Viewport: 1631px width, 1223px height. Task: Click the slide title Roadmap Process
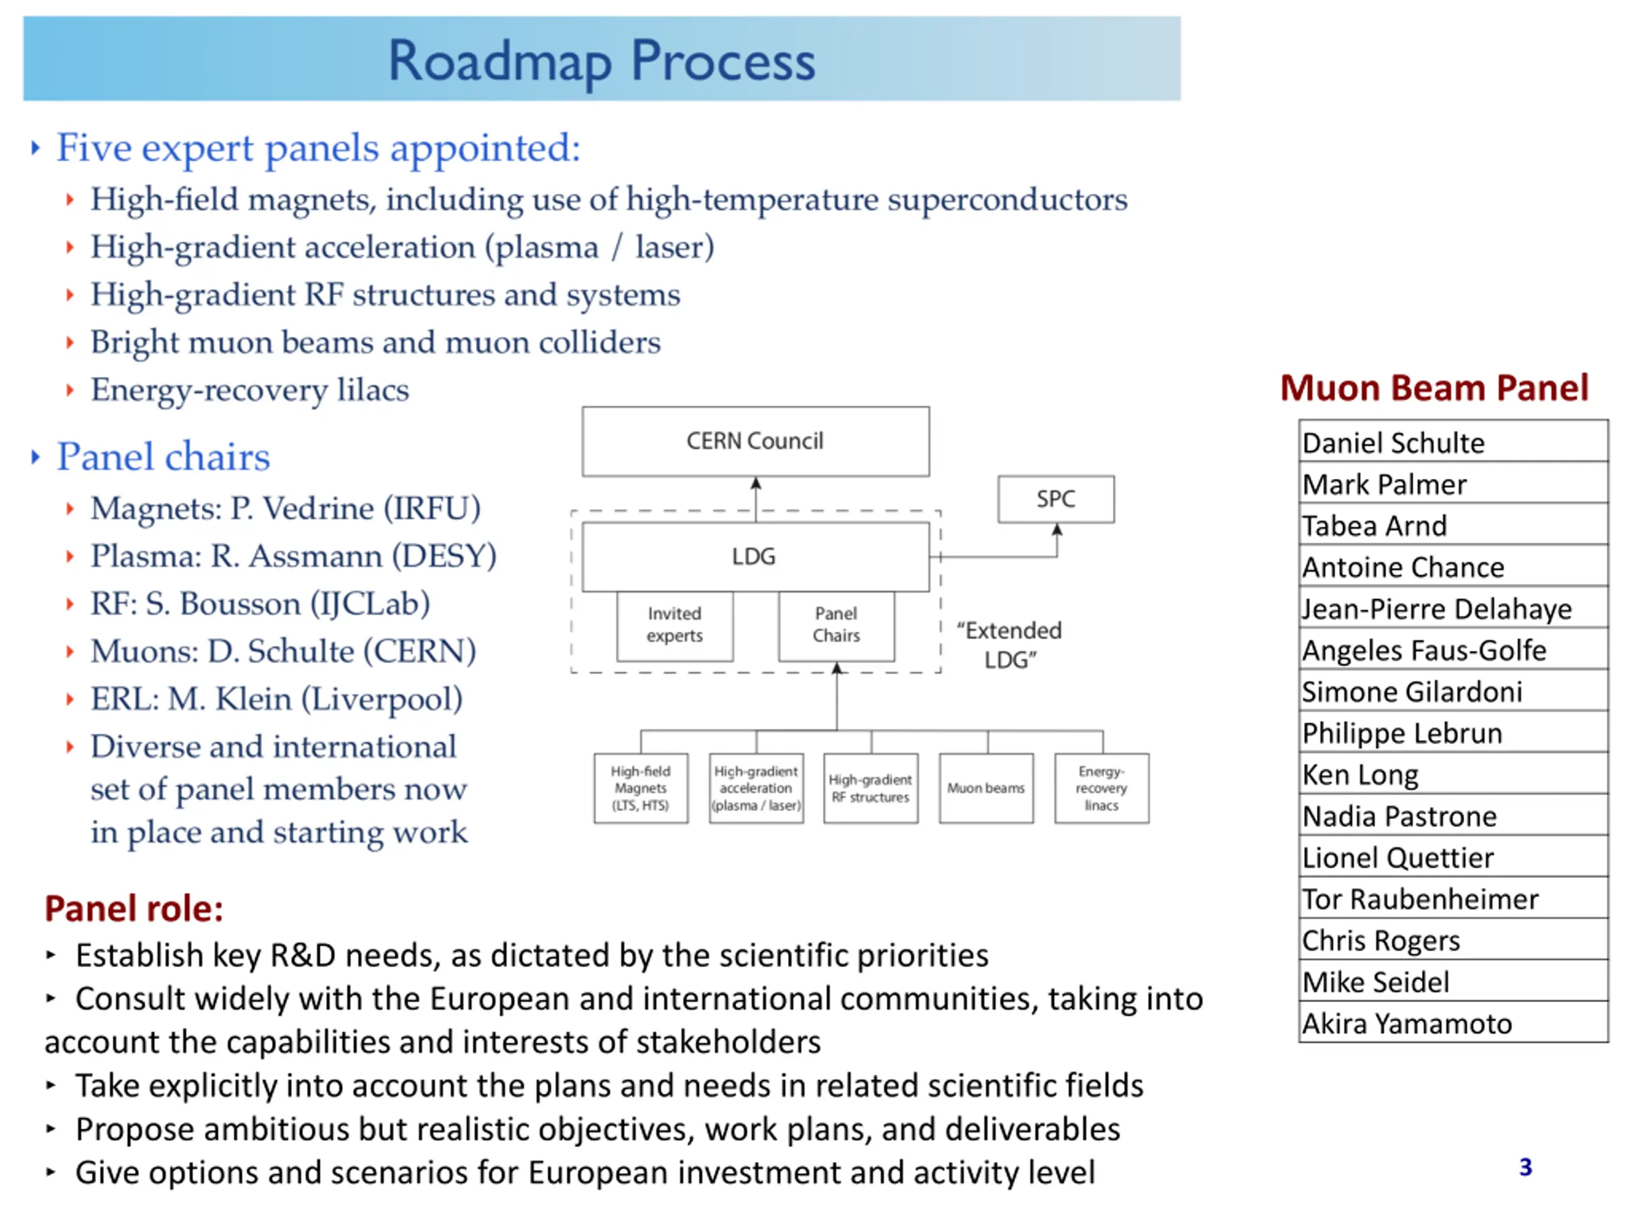pyautogui.click(x=601, y=61)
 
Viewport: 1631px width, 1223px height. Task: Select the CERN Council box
pyautogui.click(x=754, y=441)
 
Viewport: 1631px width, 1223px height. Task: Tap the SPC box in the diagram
pyautogui.click(x=1055, y=499)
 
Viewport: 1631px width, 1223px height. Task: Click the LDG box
pyautogui.click(x=754, y=557)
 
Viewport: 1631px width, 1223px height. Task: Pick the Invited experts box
pyautogui.click(x=674, y=625)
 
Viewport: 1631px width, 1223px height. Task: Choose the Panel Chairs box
pyautogui.click(x=836, y=625)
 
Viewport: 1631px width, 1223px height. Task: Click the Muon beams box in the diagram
pyautogui.click(x=986, y=788)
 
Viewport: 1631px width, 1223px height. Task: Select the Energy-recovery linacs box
pyautogui.click(x=1101, y=788)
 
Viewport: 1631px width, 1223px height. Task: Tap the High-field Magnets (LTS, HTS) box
pyautogui.click(x=640, y=788)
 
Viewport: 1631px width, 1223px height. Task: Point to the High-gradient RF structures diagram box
pyautogui.click(x=870, y=788)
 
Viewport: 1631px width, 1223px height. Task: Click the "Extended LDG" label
pyautogui.click(x=1009, y=645)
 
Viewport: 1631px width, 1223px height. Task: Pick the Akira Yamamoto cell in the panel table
pyautogui.click(x=1452, y=1023)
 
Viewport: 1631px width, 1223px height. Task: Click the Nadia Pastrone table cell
pyautogui.click(x=1452, y=816)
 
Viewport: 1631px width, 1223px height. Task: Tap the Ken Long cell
pyautogui.click(x=1452, y=775)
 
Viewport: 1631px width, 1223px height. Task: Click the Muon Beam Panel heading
pyautogui.click(x=1434, y=389)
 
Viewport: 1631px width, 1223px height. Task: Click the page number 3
pyautogui.click(x=1526, y=1167)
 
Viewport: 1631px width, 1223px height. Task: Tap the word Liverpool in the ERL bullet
pyautogui.click(x=382, y=699)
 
